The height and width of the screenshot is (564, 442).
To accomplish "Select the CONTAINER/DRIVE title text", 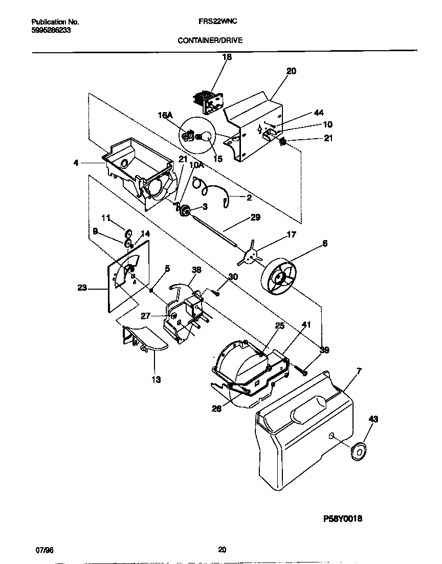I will coord(210,39).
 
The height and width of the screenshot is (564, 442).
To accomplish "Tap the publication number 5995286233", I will coord(51,30).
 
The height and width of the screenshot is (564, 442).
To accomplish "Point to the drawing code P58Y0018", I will coord(343,518).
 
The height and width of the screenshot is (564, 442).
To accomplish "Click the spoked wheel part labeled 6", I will coord(279,278).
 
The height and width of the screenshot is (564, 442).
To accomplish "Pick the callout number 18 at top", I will coord(227,57).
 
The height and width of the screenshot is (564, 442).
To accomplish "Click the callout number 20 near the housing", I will coord(291,72).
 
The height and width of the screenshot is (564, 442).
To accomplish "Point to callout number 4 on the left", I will coord(76,163).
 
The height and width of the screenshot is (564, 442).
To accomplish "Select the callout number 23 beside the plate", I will coord(82,288).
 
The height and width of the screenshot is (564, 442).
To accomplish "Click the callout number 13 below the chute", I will coord(156,379).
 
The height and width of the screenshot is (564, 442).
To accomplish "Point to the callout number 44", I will coord(318,113).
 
